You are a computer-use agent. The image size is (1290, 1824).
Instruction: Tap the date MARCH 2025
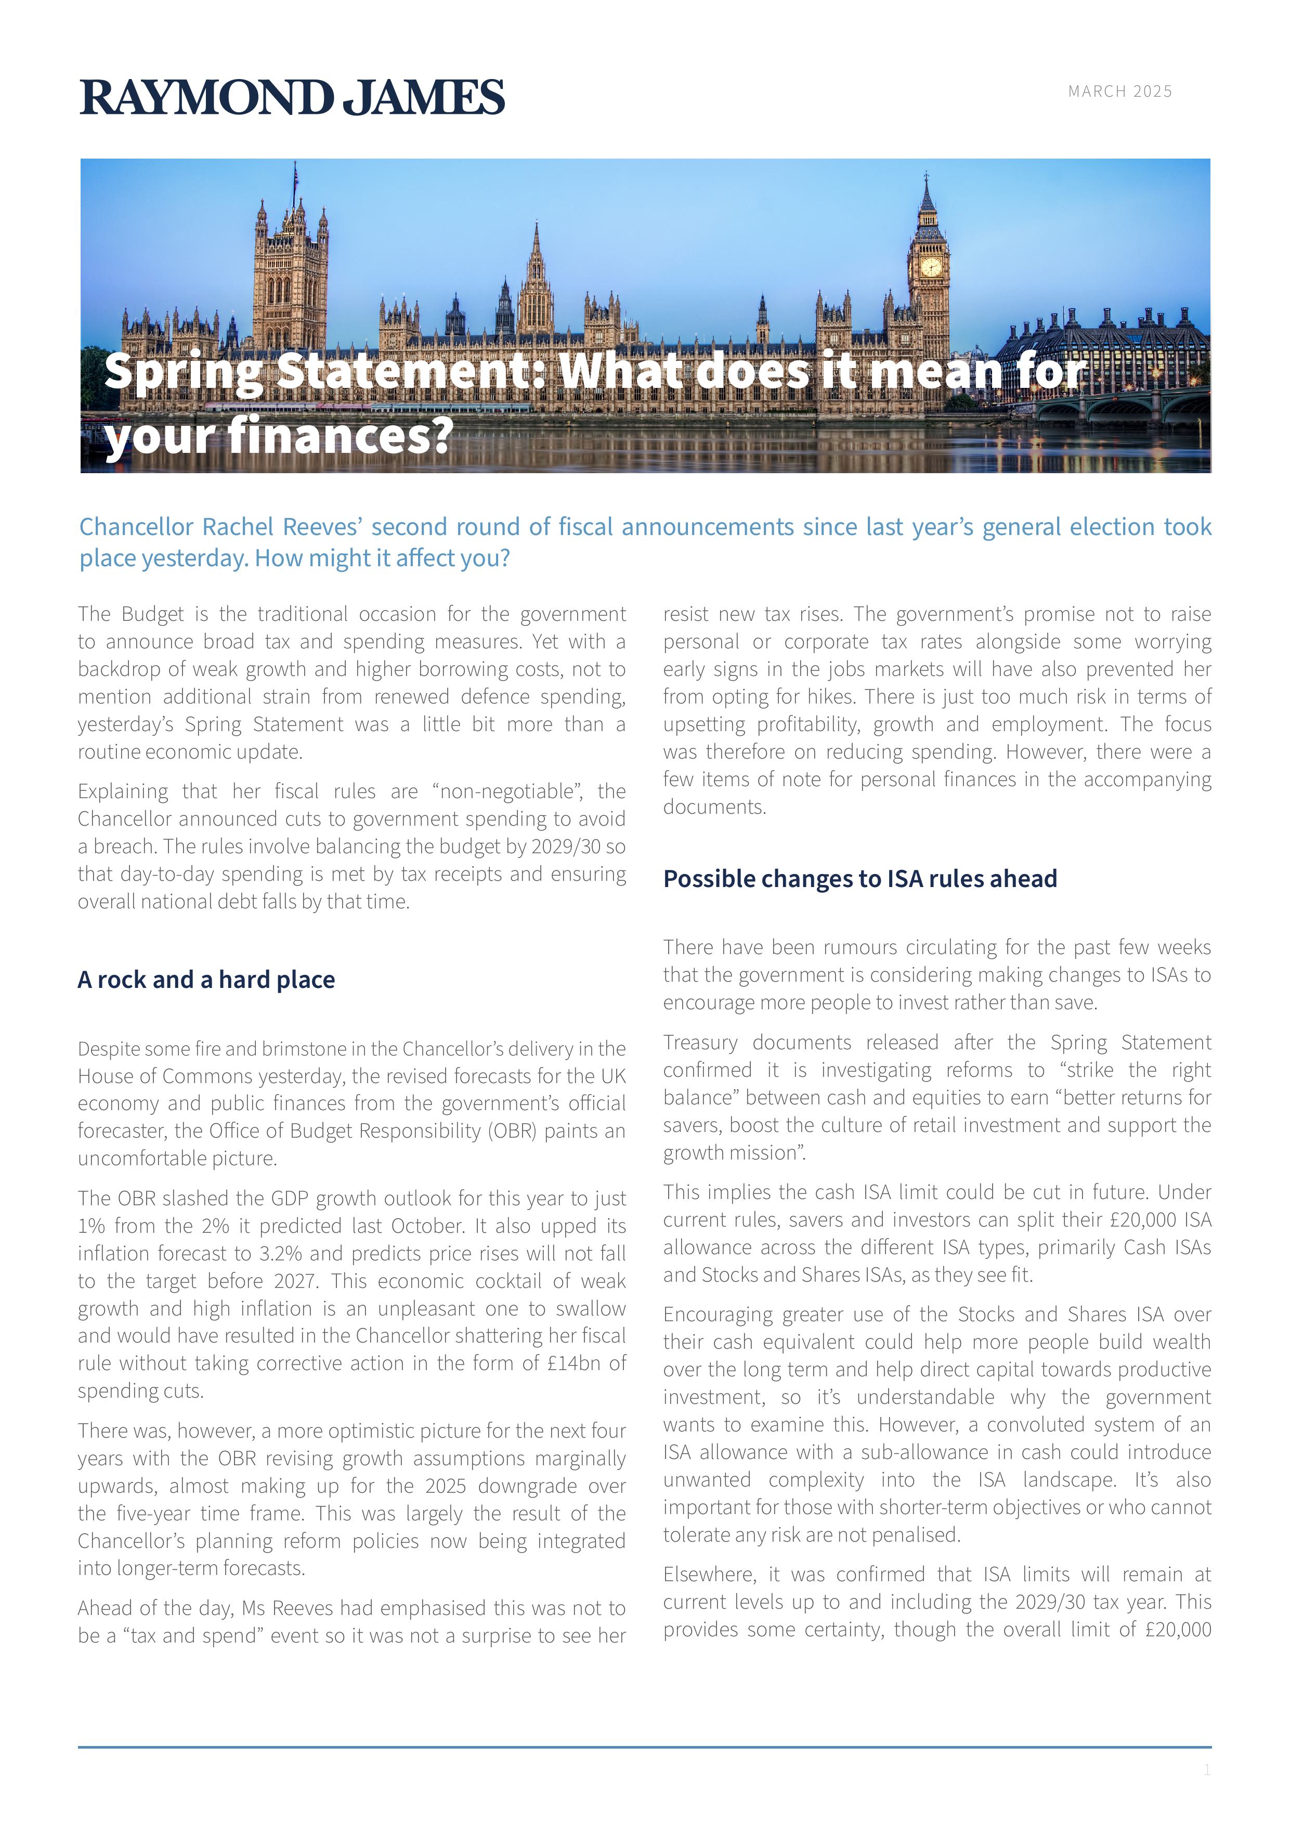(x=1119, y=92)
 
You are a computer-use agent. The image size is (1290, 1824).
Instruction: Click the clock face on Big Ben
(x=930, y=267)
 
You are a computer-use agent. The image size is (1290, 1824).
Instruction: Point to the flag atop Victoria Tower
(x=295, y=176)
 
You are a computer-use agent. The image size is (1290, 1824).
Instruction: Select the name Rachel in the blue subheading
(x=238, y=527)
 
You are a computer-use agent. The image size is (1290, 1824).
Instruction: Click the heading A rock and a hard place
(x=206, y=980)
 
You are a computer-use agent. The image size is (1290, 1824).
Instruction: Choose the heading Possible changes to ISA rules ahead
(x=859, y=879)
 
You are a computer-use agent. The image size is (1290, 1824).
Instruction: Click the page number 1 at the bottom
(x=1207, y=1770)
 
